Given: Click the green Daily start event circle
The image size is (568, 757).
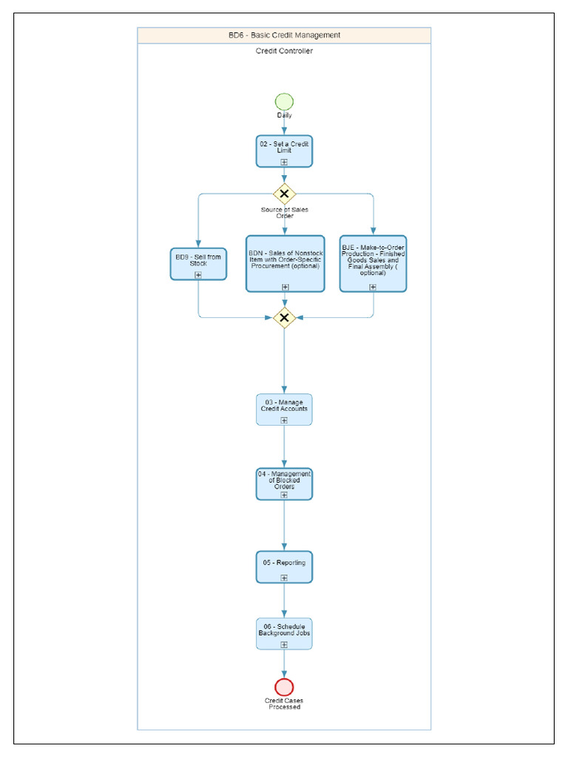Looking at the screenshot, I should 284,102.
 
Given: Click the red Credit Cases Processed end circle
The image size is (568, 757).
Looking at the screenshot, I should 284,688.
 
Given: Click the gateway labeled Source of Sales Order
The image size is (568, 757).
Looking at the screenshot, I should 284,194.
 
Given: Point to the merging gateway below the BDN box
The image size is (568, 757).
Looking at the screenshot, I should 284,318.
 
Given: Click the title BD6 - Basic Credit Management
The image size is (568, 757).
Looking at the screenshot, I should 284,35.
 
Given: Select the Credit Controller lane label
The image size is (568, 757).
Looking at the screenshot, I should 284,51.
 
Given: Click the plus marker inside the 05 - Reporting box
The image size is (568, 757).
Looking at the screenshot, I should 284,578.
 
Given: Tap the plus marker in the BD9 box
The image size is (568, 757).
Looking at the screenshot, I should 198,275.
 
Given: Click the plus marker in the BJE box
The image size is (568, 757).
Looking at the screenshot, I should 373,287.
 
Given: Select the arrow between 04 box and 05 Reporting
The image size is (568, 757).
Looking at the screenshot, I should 284,526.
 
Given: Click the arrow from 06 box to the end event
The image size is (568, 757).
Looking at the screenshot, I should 284,664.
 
